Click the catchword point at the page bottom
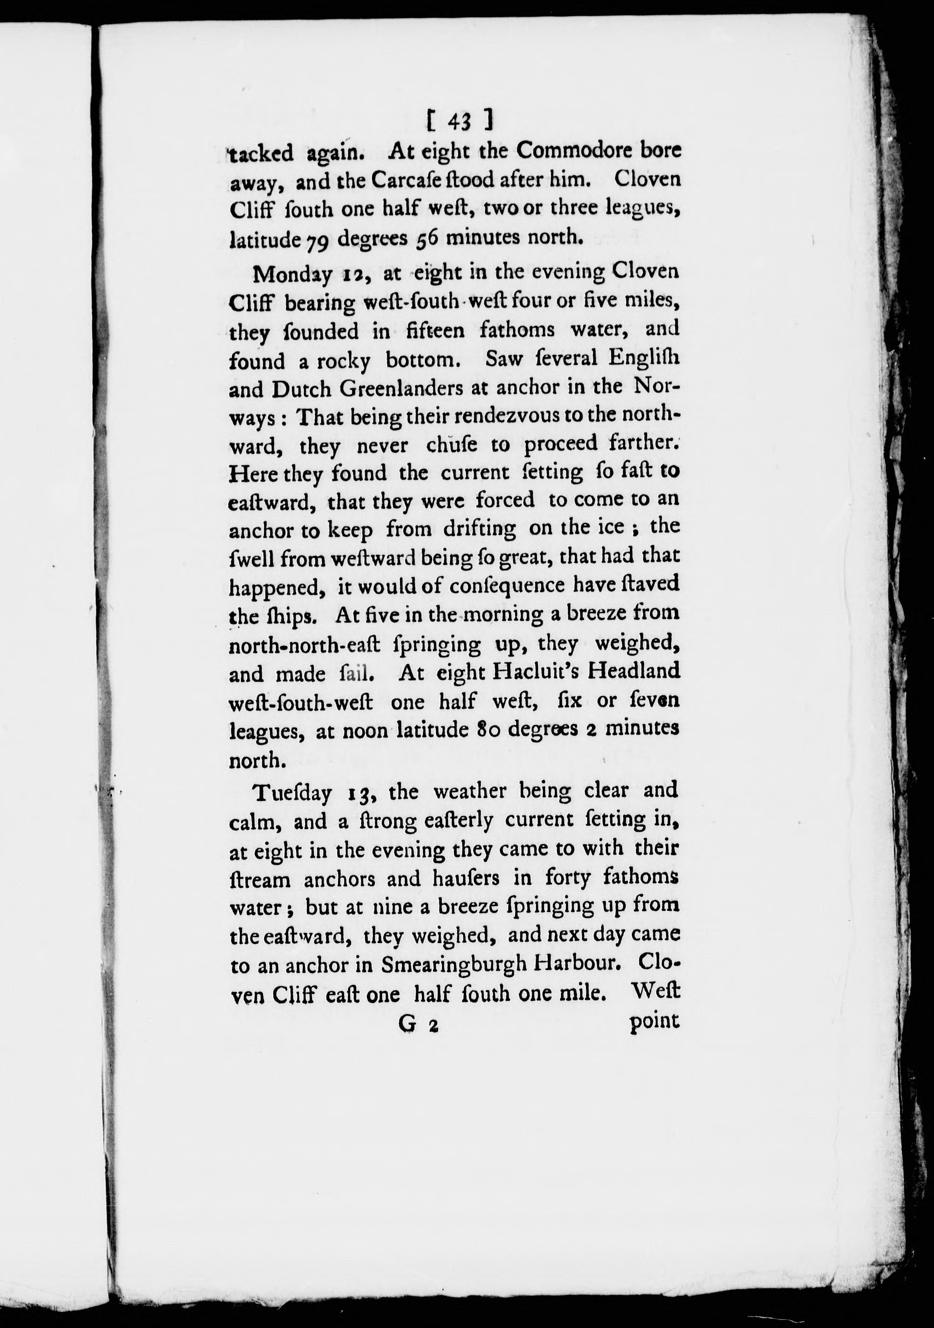653,1022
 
